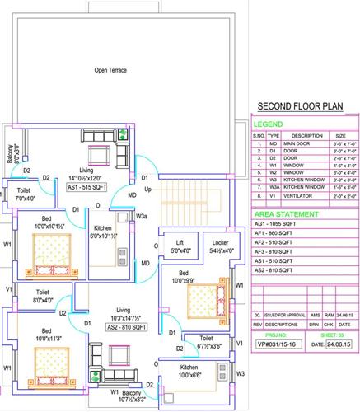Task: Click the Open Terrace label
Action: (110, 71)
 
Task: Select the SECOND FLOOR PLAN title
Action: (300, 106)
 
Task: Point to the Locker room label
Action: (219, 246)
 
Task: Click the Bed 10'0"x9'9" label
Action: (185, 276)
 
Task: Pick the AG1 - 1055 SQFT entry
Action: (275, 224)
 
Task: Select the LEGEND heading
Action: (269, 124)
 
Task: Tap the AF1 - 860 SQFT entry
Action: (274, 234)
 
